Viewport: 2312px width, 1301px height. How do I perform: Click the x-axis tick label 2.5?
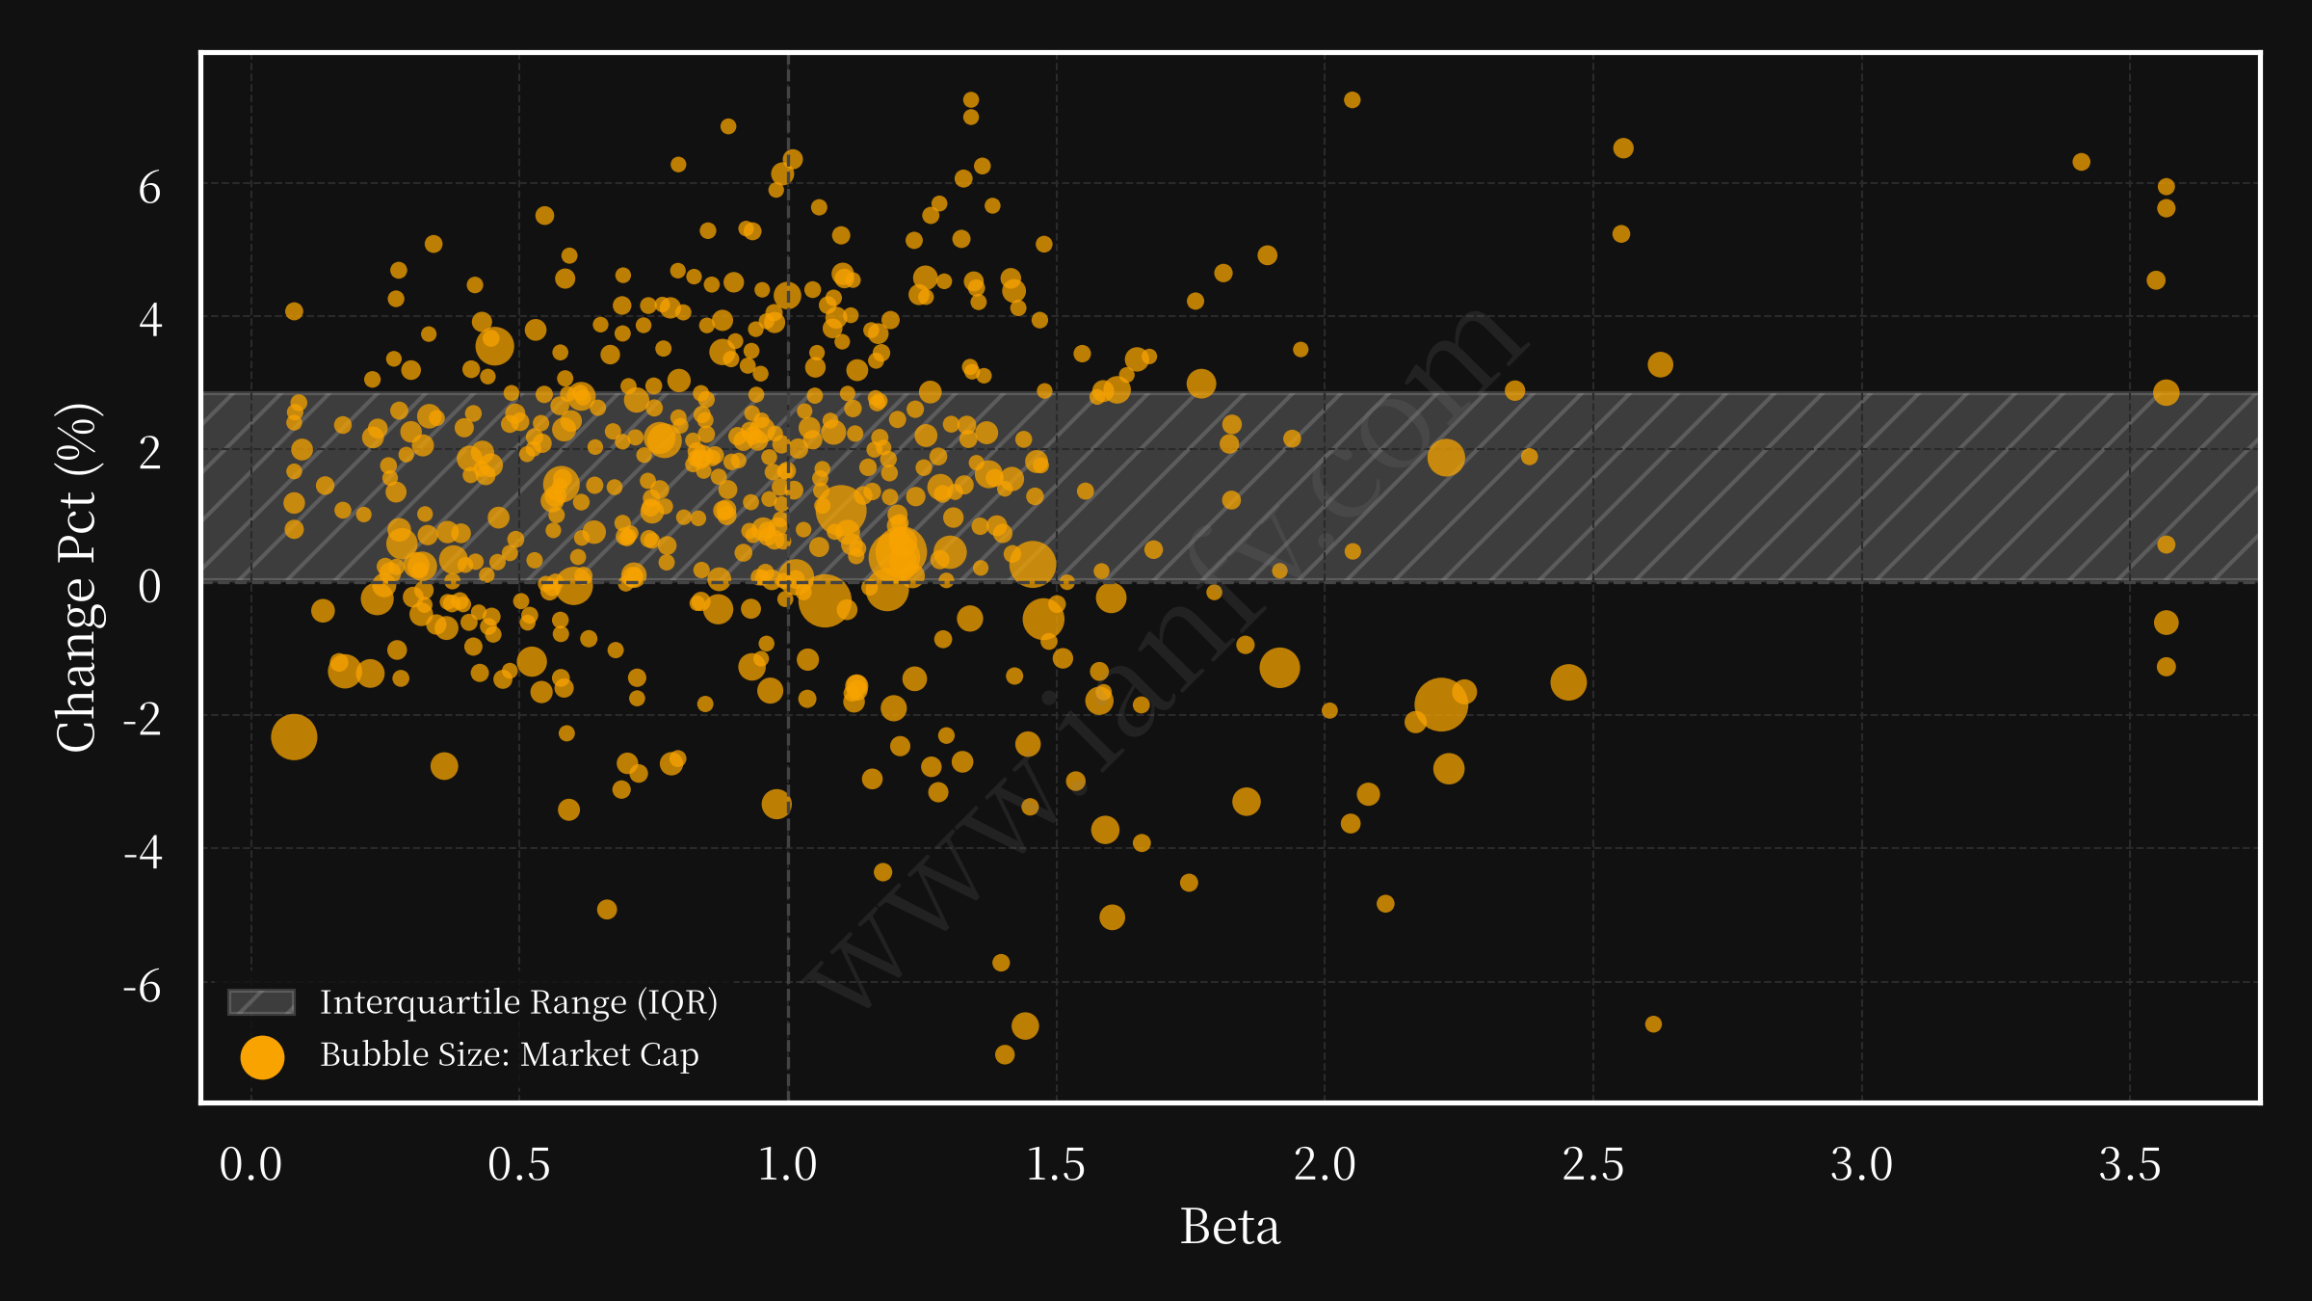[1592, 1164]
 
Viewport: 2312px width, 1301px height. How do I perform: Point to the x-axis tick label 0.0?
[250, 1164]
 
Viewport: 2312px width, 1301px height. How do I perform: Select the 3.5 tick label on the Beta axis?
[2130, 1164]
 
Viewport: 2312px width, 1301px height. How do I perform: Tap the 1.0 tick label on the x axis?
[787, 1164]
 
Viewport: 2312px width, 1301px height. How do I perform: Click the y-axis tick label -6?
[143, 987]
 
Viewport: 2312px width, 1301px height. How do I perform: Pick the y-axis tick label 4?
[150, 319]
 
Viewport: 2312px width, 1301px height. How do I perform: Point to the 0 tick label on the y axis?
[149, 586]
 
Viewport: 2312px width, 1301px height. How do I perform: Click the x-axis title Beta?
[1230, 1227]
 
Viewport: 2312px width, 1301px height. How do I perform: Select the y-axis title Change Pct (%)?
[77, 577]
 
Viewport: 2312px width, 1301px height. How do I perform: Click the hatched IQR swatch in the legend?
[261, 1002]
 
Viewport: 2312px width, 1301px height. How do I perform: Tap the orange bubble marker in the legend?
[262, 1057]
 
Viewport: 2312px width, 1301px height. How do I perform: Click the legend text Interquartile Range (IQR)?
[518, 1002]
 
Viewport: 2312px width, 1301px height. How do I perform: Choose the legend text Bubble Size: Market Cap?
[510, 1054]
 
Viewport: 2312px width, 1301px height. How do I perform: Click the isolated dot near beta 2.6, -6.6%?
[1653, 1023]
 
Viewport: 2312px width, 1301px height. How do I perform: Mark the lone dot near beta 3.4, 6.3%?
[2081, 162]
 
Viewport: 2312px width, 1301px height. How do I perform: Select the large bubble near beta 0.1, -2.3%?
[294, 737]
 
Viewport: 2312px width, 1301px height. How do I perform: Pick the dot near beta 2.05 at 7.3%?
[1352, 100]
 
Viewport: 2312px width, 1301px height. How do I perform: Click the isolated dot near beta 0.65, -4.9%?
[607, 909]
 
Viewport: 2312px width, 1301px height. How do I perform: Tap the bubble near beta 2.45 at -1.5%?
[1568, 682]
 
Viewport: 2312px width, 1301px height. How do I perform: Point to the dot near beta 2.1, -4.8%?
[1385, 903]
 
